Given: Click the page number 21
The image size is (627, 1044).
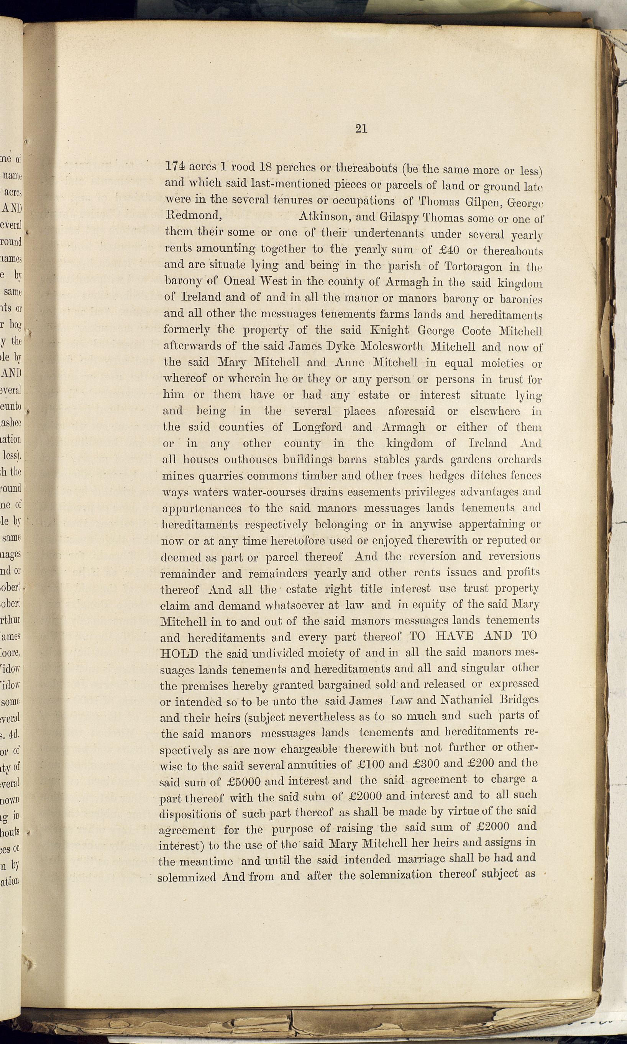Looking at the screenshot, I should pos(361,129).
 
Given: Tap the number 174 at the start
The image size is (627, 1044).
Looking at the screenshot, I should pos(174,166).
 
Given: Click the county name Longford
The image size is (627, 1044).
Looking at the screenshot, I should pos(317,427).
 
